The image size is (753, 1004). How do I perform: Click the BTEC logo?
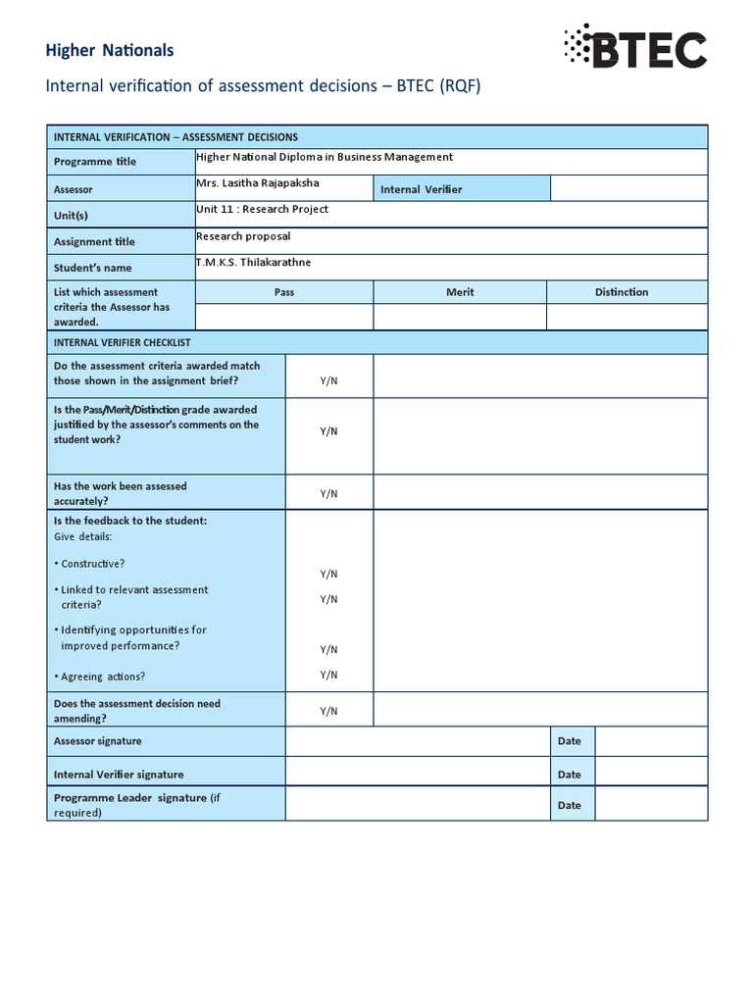[634, 48]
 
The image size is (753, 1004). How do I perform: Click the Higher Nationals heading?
[110, 50]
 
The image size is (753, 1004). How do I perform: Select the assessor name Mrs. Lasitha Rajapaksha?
[258, 183]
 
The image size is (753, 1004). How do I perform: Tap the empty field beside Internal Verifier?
[627, 188]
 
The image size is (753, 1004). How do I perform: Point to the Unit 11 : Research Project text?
[263, 209]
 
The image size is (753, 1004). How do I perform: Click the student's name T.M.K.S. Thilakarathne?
[254, 262]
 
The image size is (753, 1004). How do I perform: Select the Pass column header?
[284, 292]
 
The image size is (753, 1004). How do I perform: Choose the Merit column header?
[460, 292]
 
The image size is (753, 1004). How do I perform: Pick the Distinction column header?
[621, 292]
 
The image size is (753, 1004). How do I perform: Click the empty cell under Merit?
[460, 317]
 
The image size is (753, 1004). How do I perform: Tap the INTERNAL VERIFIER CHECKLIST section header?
[122, 342]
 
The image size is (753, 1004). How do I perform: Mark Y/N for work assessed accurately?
[328, 494]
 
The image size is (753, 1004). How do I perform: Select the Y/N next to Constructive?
[328, 574]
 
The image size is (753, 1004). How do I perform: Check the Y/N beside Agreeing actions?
[328, 675]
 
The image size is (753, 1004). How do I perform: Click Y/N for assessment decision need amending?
[328, 711]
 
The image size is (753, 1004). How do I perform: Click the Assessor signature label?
[97, 741]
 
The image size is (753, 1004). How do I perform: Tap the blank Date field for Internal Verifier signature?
[650, 775]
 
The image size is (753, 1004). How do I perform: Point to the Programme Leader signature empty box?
[417, 805]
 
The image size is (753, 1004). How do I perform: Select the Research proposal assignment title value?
[243, 236]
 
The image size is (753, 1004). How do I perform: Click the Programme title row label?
[95, 162]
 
